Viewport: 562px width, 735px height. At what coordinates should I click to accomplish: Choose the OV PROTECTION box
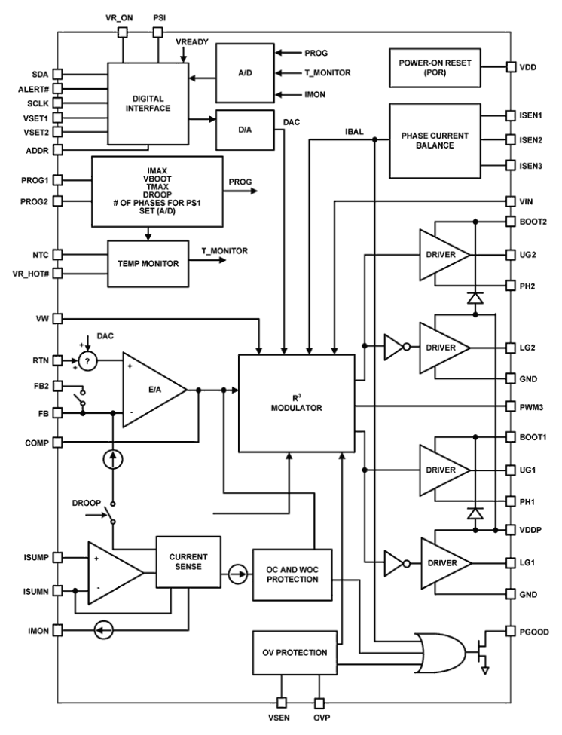coord(294,653)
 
